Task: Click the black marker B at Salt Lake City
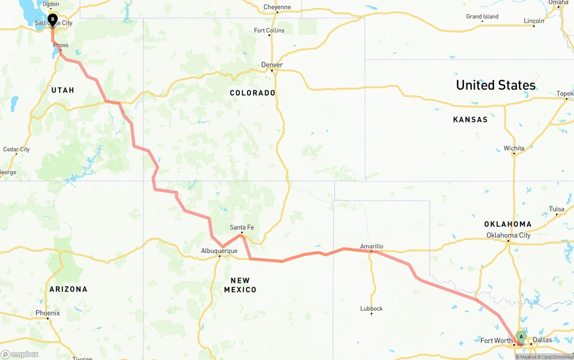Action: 52,20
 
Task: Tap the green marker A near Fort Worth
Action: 521,337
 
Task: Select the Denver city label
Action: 272,65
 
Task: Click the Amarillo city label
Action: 372,246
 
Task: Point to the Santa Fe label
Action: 242,227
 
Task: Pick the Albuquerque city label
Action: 219,251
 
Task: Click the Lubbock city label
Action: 371,308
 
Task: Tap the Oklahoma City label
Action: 509,235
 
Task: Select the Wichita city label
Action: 514,148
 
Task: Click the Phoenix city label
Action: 48,313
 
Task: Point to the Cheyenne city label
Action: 277,7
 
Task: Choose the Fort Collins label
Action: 269,30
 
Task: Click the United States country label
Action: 496,85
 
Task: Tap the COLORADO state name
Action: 252,93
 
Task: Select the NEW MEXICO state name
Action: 240,285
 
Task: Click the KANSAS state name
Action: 470,119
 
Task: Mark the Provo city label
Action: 61,45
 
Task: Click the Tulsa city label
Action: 557,209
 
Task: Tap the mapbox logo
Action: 20,354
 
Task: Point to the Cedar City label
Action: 16,149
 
